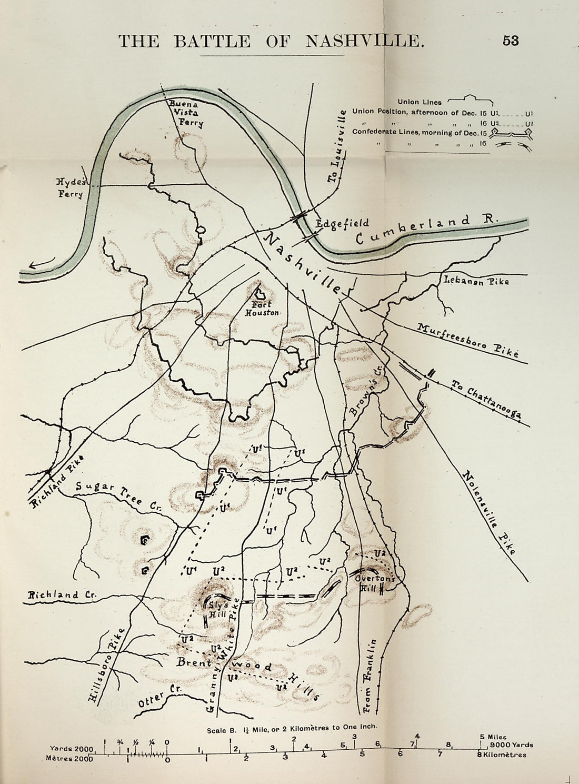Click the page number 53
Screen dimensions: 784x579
511,41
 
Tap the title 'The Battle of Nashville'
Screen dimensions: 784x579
271,41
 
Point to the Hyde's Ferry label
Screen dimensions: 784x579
71,188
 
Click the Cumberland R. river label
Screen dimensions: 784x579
426,230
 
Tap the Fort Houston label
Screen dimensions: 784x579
262,308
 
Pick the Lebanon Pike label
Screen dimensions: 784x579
476,281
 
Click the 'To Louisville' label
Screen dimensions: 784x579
337,146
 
